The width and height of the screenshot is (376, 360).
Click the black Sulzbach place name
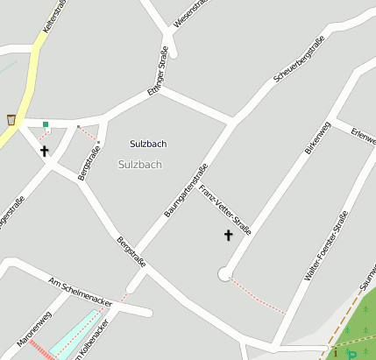point(148,144)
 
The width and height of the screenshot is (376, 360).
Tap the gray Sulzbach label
point(140,165)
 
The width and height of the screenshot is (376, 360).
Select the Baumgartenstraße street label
point(186,190)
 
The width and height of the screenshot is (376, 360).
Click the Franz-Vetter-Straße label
point(225,211)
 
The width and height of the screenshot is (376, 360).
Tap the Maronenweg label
point(34,328)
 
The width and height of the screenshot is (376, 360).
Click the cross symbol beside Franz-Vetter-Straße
point(229,235)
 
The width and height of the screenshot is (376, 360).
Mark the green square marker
point(46,124)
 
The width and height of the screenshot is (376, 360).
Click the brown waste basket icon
point(11,118)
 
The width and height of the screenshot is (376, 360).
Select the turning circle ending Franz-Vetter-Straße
point(224,274)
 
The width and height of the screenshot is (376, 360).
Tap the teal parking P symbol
point(352,354)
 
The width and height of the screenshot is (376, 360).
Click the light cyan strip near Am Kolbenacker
point(76,331)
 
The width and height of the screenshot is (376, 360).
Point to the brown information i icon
point(334,354)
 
